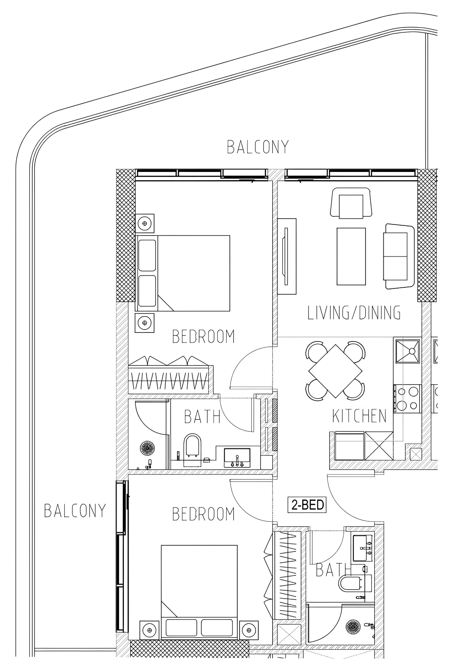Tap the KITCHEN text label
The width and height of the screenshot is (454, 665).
(x=359, y=416)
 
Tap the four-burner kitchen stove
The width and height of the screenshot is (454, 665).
(x=407, y=398)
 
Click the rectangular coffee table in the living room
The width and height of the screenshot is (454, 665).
(x=351, y=256)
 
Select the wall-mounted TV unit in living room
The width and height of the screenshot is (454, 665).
(x=287, y=256)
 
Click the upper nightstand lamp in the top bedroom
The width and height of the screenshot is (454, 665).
(x=145, y=223)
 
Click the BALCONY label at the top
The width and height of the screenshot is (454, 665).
(x=258, y=147)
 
